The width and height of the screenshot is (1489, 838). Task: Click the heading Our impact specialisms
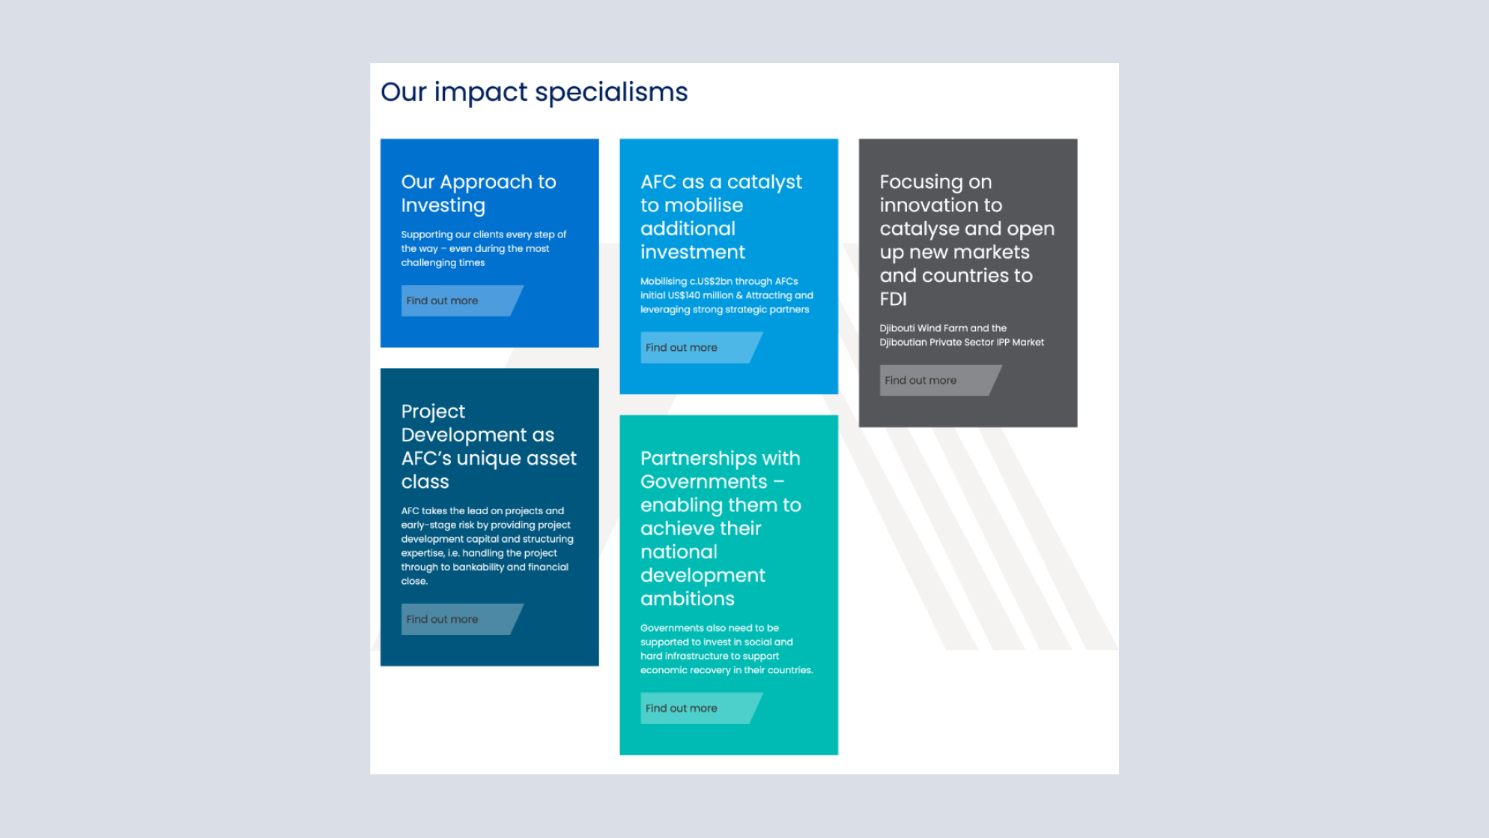534,92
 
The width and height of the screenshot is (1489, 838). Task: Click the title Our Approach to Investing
479,193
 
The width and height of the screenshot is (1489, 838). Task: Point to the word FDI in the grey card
894,299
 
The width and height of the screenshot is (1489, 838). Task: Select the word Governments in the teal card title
704,482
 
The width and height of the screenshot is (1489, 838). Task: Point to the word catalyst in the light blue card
765,182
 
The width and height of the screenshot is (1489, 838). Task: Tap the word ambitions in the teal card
688,599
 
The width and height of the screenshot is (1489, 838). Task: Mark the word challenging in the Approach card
428,263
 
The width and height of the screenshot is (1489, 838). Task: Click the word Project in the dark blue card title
433,412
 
